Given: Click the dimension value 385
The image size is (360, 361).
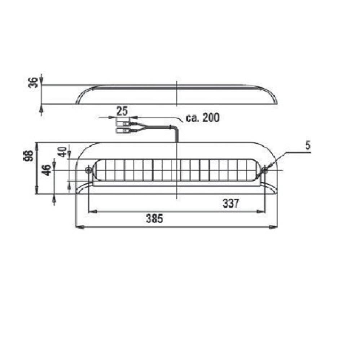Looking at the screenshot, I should click(x=154, y=218).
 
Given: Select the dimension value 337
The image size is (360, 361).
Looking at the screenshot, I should click(x=231, y=204).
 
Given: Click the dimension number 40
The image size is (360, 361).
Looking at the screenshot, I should click(x=62, y=152).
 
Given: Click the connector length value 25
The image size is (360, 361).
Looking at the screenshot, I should click(x=122, y=110).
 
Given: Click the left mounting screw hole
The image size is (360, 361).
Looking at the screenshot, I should click(x=88, y=170).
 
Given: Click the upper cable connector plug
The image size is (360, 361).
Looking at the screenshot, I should click(x=123, y=124).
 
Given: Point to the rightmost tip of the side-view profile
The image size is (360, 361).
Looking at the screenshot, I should click(x=277, y=104).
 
